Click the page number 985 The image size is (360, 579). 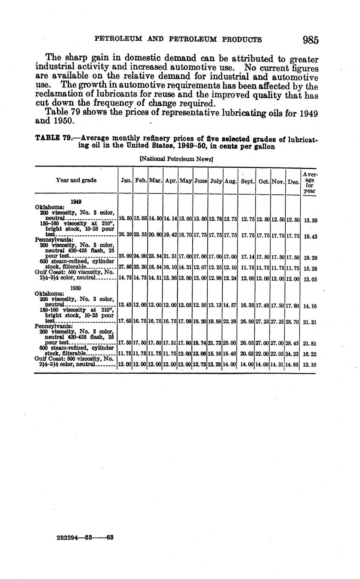310,40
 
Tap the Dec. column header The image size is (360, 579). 292,181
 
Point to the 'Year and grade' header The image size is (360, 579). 76,180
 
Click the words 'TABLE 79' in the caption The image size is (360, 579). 54,138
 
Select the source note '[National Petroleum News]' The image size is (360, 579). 176,159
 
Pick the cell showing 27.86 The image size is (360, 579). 125,266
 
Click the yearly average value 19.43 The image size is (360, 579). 310,237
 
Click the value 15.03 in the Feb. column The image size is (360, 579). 140,219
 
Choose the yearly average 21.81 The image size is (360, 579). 310,343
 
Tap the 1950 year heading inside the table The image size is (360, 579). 76,288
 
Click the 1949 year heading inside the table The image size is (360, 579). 76,201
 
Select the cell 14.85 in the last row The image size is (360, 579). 292,365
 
